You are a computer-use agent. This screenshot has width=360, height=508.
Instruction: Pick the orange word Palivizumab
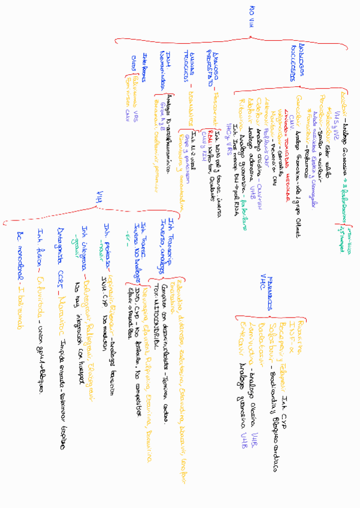point(138,87)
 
